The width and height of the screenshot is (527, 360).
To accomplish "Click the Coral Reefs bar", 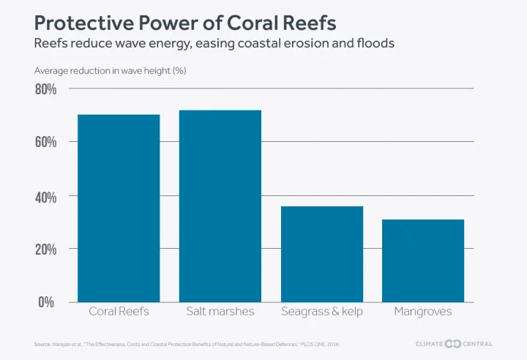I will [119, 208].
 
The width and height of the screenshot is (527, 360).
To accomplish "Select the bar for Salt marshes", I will [220, 206].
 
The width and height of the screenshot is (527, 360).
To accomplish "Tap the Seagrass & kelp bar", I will [322, 254].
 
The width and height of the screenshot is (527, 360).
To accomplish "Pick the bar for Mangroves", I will [423, 260].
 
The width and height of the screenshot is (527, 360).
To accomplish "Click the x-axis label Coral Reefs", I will [119, 312].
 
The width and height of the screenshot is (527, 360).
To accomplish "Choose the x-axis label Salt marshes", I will [220, 312].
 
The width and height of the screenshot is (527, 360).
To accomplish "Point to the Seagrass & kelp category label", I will [322, 312].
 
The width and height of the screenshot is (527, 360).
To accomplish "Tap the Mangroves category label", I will [423, 312].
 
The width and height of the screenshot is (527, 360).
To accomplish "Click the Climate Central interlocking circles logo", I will [453, 344].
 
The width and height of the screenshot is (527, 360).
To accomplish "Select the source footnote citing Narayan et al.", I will [187, 344].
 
